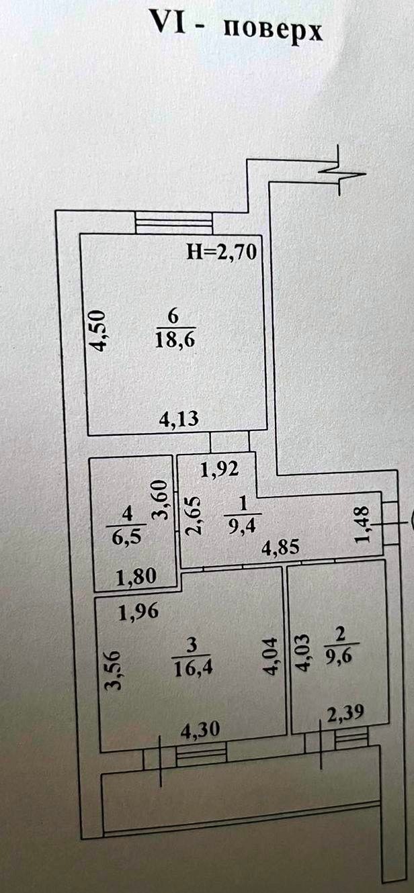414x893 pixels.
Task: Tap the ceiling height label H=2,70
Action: (222, 252)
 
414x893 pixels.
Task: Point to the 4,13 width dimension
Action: (177, 420)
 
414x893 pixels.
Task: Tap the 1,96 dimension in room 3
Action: (139, 612)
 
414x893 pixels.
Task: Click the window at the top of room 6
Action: (174, 223)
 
